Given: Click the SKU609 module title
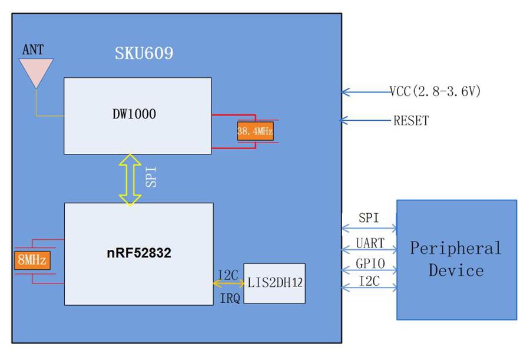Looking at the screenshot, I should click(x=144, y=54).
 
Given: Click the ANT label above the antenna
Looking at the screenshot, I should click(x=32, y=49).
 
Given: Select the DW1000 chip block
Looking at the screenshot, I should click(x=137, y=115).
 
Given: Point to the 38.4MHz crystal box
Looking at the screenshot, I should click(x=255, y=132).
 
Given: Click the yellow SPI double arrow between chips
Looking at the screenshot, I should click(x=130, y=179).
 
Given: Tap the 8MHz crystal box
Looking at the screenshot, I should click(x=32, y=260).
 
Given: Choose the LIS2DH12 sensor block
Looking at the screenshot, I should click(x=274, y=283).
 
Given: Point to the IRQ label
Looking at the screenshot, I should click(x=229, y=299).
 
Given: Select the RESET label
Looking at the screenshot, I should click(x=411, y=121).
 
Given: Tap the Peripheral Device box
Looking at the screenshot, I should click(x=456, y=259).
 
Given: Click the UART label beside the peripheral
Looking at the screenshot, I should click(x=370, y=243).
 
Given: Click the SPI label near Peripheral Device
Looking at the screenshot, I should click(x=369, y=218).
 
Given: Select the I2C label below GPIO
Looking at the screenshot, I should click(x=370, y=282).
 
